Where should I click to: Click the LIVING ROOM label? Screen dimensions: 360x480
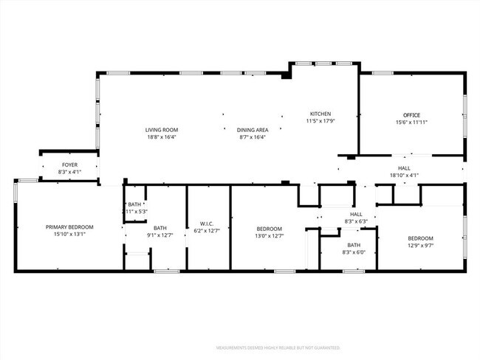(161, 130)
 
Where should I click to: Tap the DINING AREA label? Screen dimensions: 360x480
(252, 130)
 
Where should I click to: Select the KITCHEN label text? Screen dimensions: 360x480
(320, 114)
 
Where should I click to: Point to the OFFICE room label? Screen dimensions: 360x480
(411, 115)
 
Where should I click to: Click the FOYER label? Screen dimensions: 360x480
(69, 165)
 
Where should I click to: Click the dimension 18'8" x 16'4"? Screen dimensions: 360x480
(161, 136)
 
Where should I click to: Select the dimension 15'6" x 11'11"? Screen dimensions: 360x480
(411, 122)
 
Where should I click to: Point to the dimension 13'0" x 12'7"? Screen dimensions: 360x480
(270, 235)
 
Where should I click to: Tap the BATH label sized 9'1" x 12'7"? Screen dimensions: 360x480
(160, 228)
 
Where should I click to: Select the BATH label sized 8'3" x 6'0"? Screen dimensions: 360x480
(354, 245)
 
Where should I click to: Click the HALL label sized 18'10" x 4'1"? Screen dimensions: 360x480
(403, 168)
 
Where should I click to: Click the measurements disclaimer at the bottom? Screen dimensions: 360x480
(277, 347)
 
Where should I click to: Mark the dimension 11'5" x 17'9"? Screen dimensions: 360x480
(320, 121)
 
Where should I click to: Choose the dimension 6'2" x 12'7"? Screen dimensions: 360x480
(207, 231)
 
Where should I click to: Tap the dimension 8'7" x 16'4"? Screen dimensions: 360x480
(252, 136)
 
